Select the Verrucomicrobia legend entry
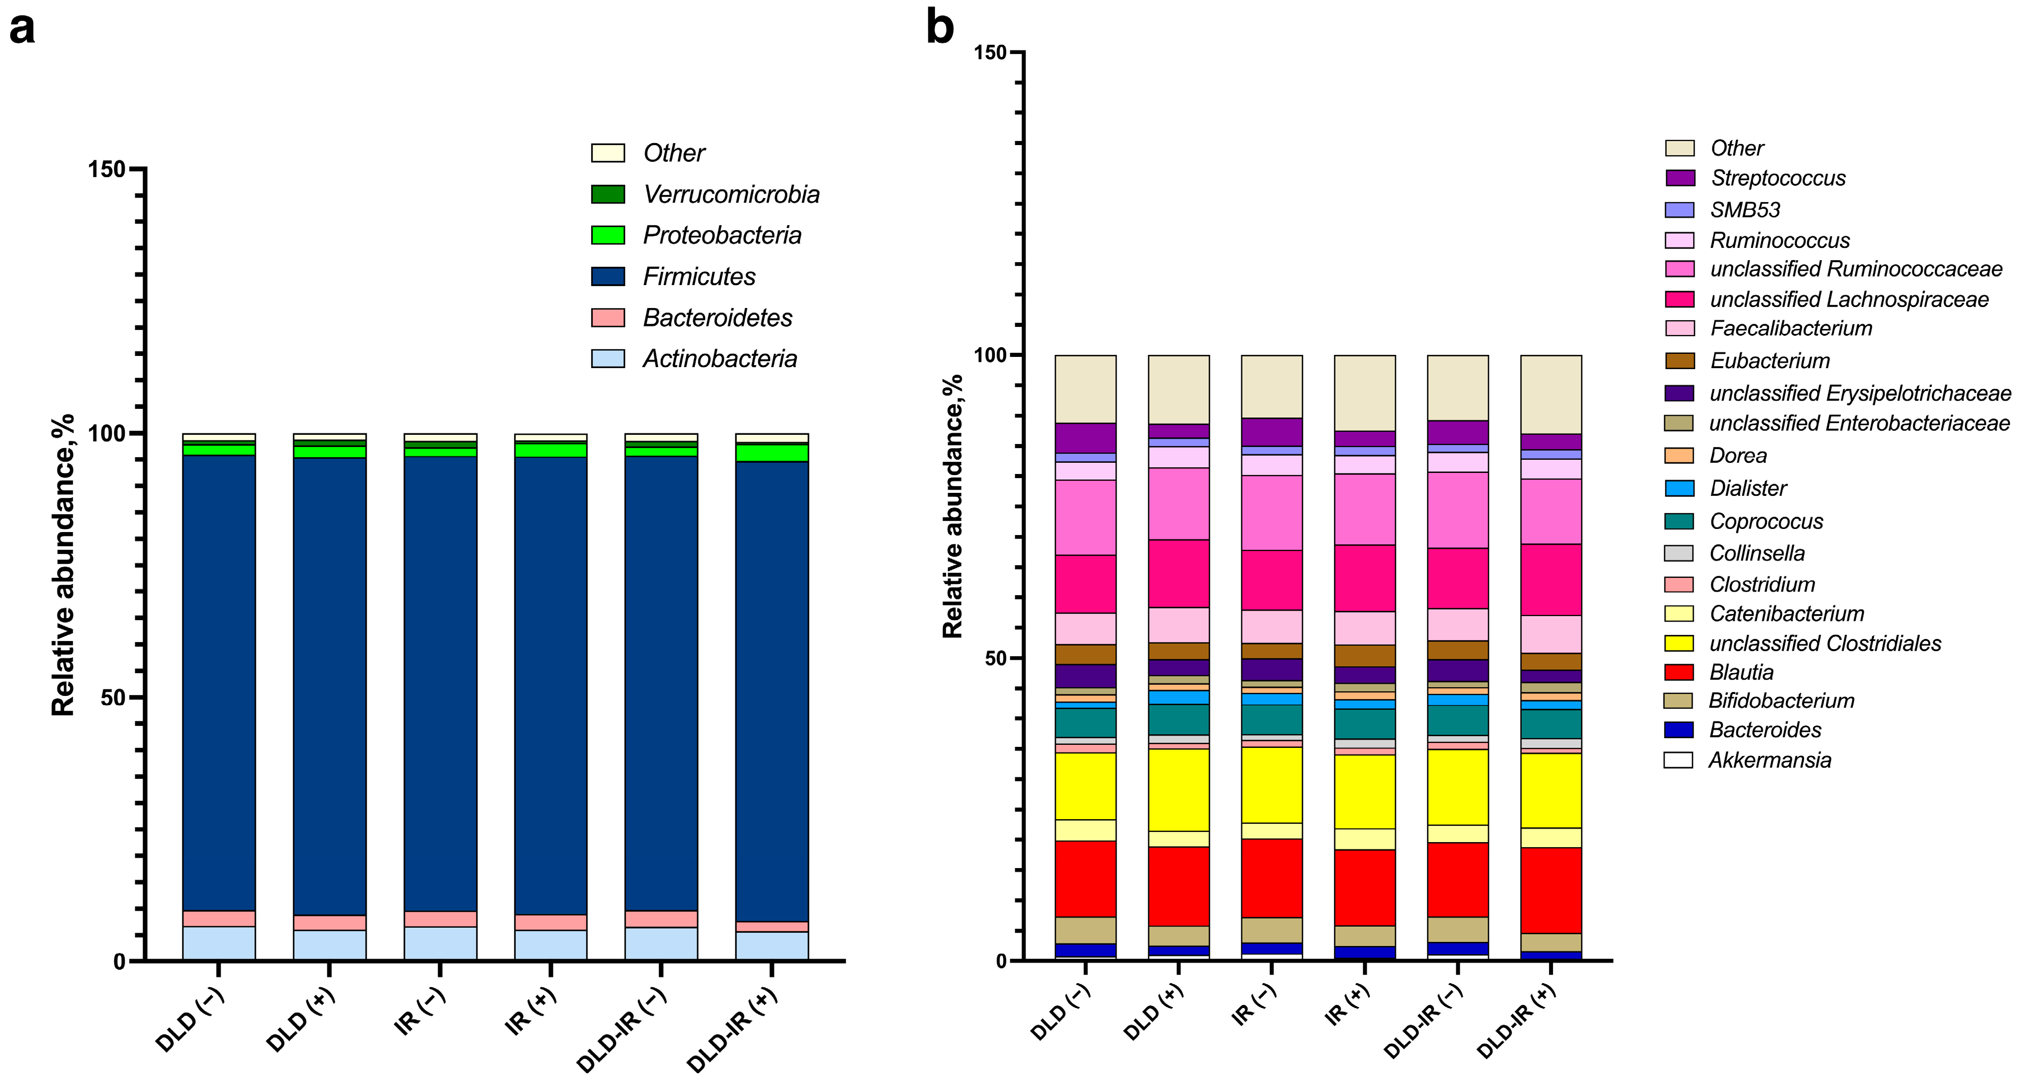click(730, 194)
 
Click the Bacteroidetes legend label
click(717, 318)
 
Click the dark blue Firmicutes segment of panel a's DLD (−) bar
click(218, 683)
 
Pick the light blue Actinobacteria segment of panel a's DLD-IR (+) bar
click(771, 946)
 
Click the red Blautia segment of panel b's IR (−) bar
click(1271, 878)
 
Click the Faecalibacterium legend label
click(1790, 328)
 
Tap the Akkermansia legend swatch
click(1678, 760)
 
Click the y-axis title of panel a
click(63, 565)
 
